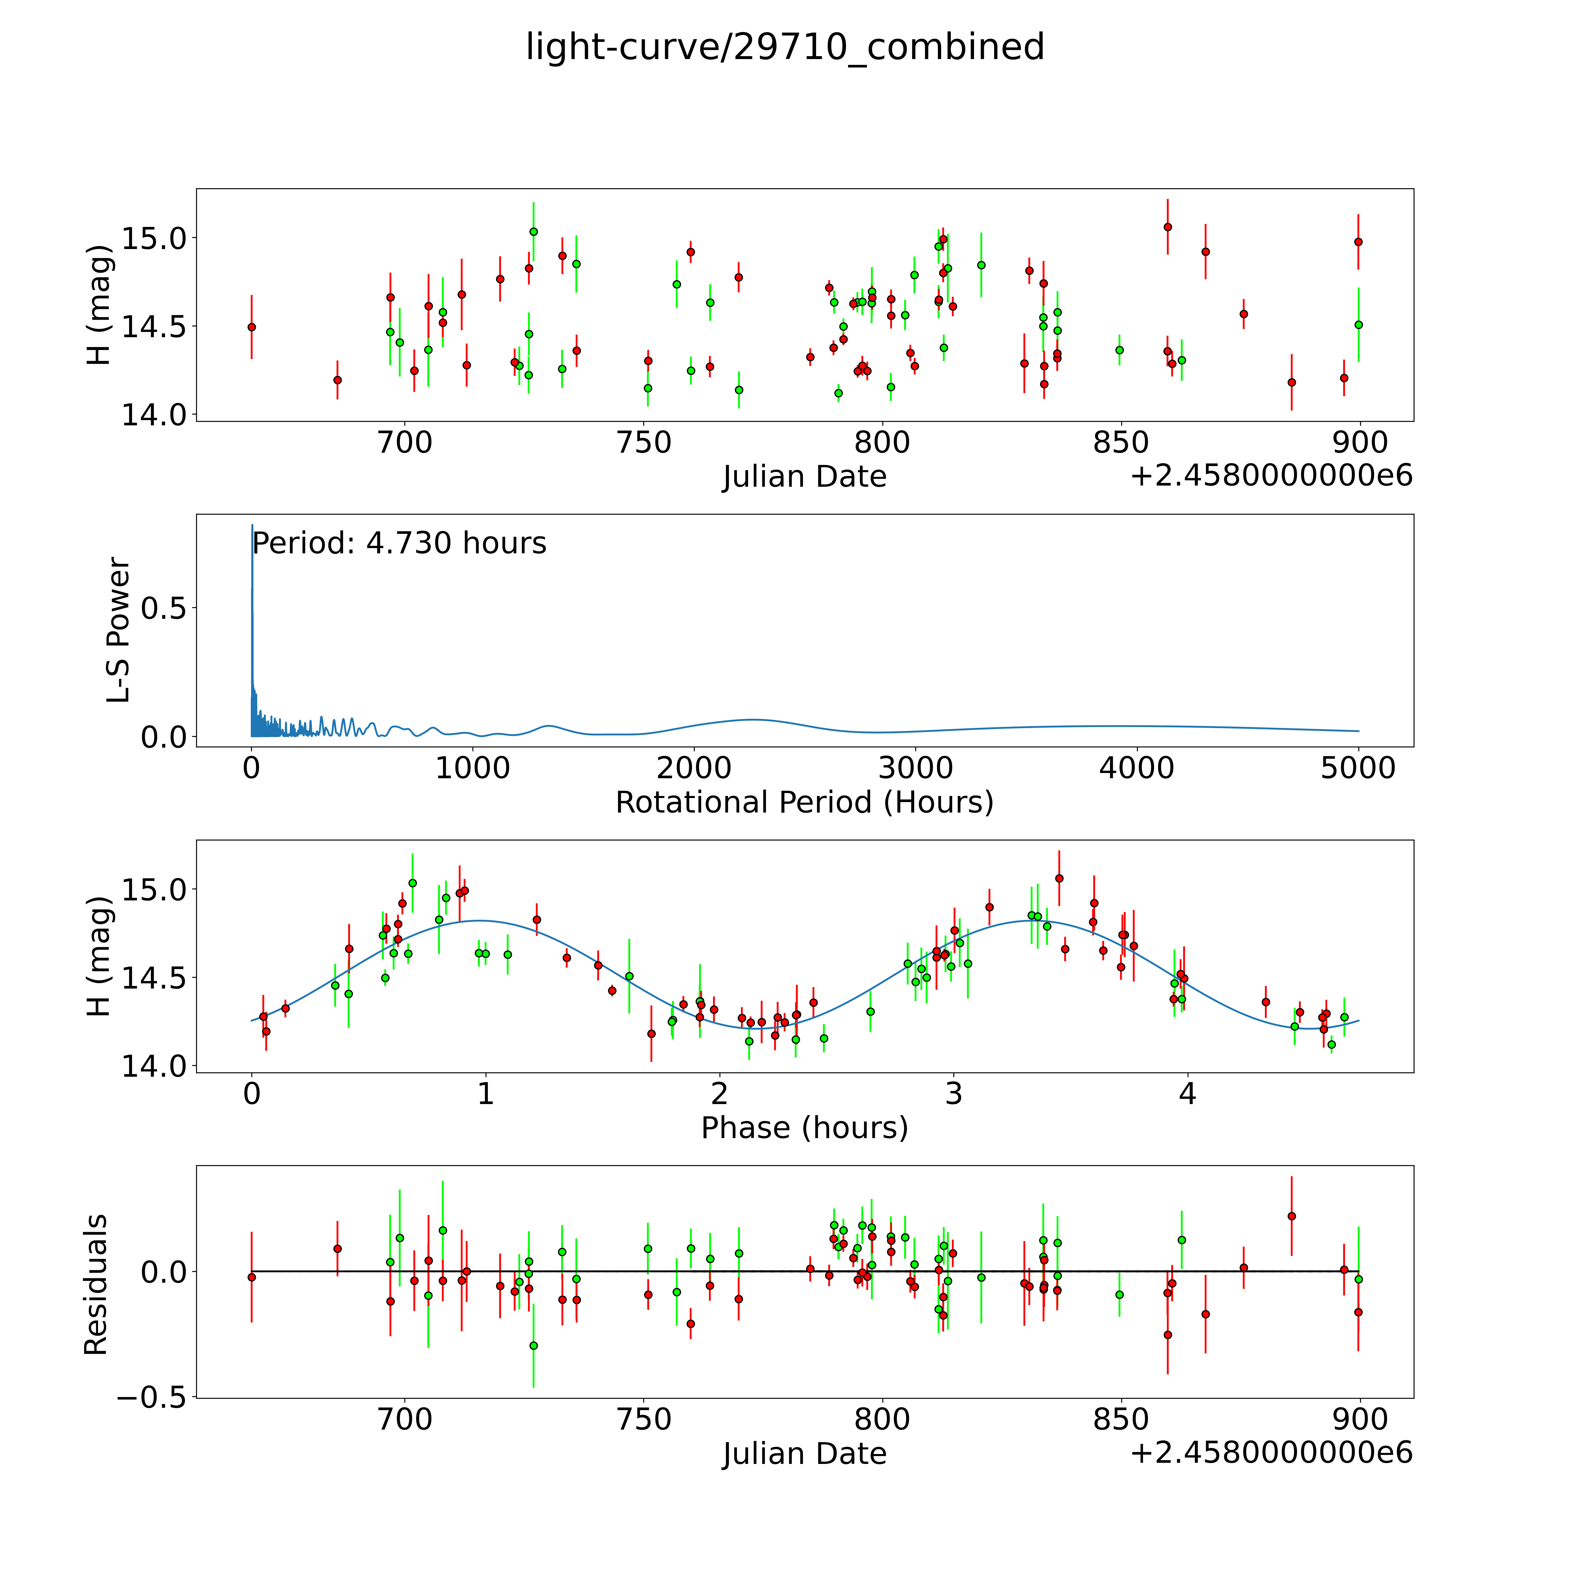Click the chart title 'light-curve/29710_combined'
click(785, 47)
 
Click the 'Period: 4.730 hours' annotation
click(399, 543)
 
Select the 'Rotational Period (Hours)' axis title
click(804, 803)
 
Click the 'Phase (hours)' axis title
click(804, 1128)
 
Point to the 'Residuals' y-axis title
click(96, 1285)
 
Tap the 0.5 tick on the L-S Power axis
click(164, 608)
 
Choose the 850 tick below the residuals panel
click(1121, 1419)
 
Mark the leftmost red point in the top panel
click(252, 327)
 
